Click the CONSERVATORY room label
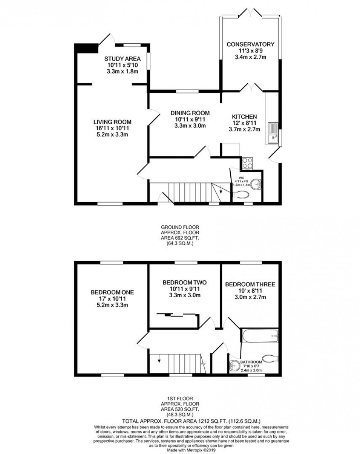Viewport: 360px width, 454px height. tap(250, 44)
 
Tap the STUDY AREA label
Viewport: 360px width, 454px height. tap(122, 59)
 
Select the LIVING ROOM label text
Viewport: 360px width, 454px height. tap(112, 122)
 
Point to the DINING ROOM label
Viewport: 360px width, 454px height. tap(190, 113)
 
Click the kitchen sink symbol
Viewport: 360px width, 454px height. tap(273, 133)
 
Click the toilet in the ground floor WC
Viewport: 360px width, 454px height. tap(241, 195)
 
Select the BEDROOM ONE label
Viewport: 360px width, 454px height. tap(112, 293)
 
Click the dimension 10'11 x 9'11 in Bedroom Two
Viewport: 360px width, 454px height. tap(184, 289)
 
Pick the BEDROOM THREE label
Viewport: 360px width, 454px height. tap(250, 284)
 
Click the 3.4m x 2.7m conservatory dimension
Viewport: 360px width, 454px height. tap(251, 57)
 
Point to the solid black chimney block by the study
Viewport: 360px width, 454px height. tap(87, 48)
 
